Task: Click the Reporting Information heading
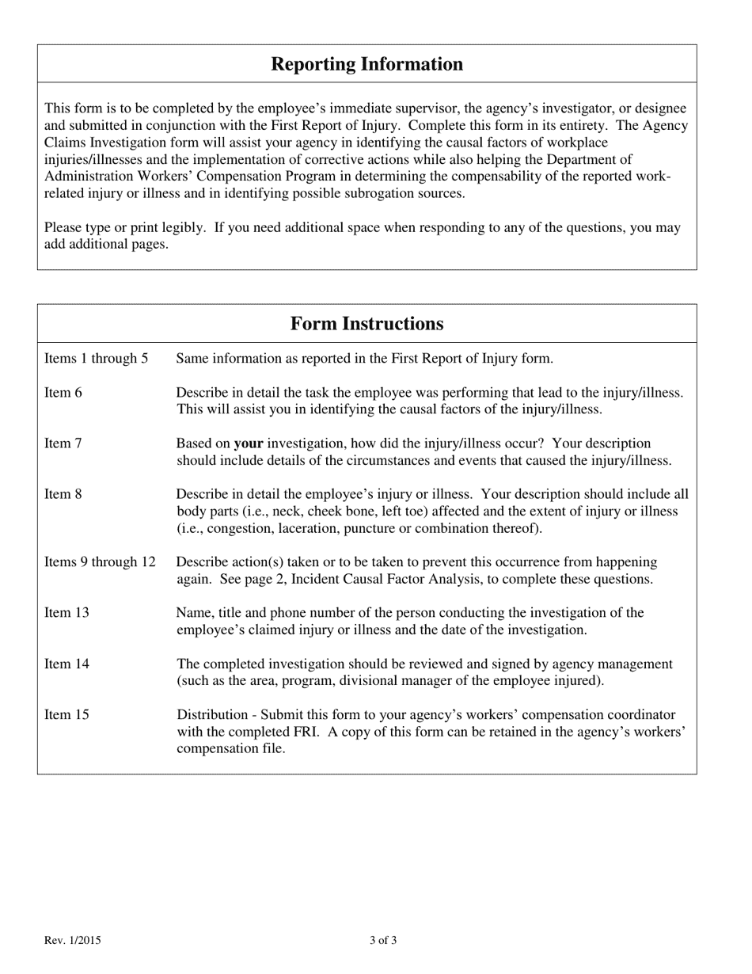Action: (367, 64)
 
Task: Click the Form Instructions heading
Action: (367, 324)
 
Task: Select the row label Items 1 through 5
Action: (96, 359)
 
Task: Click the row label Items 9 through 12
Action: (100, 562)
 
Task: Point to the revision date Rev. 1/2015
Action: (72, 941)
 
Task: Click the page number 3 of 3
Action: (383, 941)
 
